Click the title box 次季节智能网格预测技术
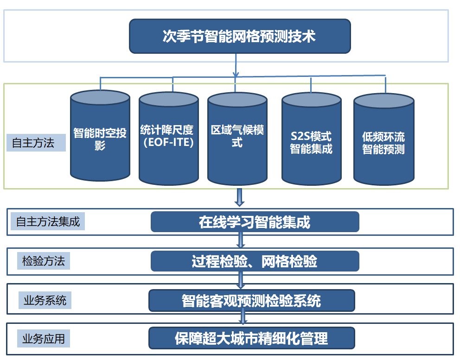pyautogui.click(x=239, y=36)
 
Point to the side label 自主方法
pyautogui.click(x=36, y=143)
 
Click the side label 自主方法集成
pyautogui.click(x=48, y=222)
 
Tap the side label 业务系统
pyautogui.click(x=45, y=301)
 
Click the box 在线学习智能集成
pyautogui.click(x=255, y=222)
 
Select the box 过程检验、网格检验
pyautogui.click(x=255, y=261)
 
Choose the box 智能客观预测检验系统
pyautogui.click(x=251, y=301)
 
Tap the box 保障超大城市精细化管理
pyautogui.click(x=251, y=338)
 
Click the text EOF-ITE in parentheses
pyautogui.click(x=168, y=142)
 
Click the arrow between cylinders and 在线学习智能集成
pyautogui.click(x=239, y=197)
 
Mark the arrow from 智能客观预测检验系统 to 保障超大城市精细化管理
pyautogui.click(x=242, y=317)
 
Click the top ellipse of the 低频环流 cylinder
pyautogui.click(x=383, y=101)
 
